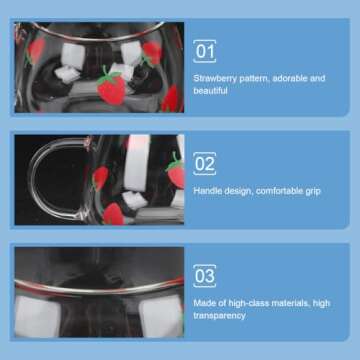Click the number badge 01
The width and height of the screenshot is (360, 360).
click(x=205, y=51)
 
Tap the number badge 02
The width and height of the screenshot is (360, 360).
click(x=205, y=164)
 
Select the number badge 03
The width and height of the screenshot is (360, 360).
click(x=205, y=276)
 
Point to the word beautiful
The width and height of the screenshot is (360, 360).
click(x=210, y=91)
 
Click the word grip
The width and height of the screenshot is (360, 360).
click(x=313, y=192)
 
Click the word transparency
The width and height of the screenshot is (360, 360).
click(x=219, y=316)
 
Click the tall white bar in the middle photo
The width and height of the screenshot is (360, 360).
click(x=137, y=163)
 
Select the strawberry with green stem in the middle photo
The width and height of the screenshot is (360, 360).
click(x=176, y=171)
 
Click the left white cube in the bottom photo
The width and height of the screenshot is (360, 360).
click(x=37, y=316)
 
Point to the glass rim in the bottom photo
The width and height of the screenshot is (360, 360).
click(x=99, y=288)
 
